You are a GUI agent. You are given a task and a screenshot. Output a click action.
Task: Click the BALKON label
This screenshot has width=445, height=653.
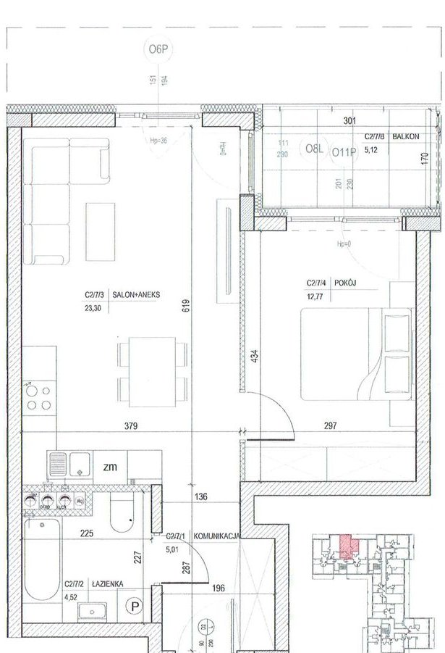click(406, 136)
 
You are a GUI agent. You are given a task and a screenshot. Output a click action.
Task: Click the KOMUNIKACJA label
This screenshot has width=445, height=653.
click(213, 536)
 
